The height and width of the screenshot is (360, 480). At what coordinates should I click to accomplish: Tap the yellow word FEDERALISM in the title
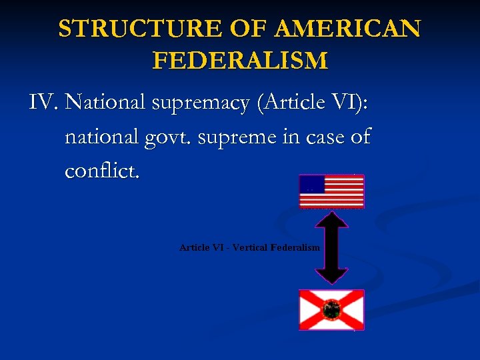240,61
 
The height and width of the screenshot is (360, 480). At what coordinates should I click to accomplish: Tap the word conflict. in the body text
102,171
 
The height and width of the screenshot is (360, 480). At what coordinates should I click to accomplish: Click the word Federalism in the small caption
295,247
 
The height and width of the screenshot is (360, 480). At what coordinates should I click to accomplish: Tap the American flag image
331,191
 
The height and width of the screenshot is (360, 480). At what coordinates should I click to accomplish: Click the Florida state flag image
331,309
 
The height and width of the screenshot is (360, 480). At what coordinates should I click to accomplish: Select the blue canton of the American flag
311,184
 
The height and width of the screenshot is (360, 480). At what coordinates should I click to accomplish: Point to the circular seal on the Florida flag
331,309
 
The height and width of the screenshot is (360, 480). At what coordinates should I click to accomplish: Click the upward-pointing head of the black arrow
331,219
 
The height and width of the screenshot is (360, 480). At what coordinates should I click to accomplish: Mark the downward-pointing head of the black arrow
331,276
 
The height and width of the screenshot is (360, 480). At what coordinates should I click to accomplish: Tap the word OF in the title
247,29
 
